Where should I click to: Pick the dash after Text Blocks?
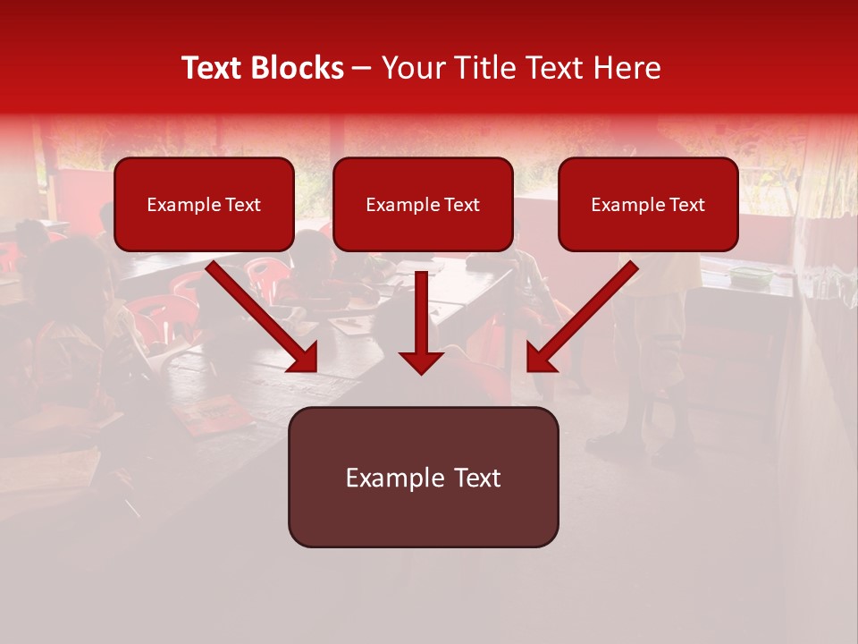click(362, 69)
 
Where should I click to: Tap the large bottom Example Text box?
click(423, 514)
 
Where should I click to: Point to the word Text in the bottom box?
click(476, 478)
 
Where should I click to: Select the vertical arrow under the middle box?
click(421, 313)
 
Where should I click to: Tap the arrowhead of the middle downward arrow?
click(421, 361)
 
